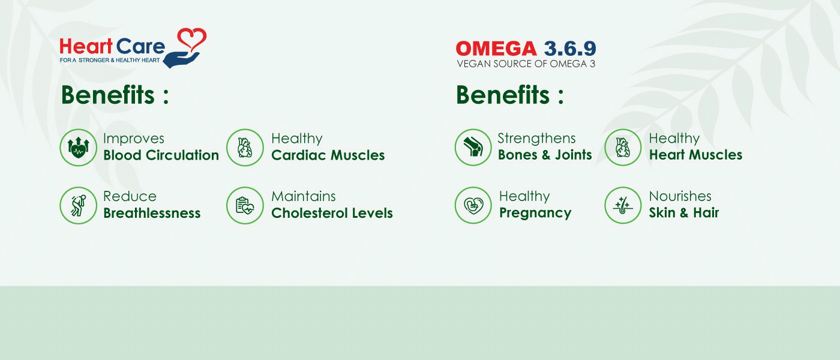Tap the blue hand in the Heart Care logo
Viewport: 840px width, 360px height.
tap(181, 60)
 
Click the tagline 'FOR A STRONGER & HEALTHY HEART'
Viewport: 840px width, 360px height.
tap(110, 60)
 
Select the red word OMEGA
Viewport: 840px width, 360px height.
tap(496, 49)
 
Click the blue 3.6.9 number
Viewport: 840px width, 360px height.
tap(569, 49)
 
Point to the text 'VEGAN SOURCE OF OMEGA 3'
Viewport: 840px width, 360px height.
tap(526, 64)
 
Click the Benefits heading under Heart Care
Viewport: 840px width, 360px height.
tap(115, 95)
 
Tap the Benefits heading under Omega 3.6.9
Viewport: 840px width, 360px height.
tap(509, 95)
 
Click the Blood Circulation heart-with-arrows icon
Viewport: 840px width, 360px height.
tap(79, 148)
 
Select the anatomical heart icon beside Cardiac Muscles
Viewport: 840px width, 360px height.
tap(245, 148)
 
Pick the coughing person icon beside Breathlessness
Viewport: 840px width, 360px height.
tap(79, 205)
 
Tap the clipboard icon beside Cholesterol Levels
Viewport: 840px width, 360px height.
tap(245, 205)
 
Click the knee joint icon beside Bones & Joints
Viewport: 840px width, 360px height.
tap(473, 148)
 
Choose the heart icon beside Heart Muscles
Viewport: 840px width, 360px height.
tap(623, 148)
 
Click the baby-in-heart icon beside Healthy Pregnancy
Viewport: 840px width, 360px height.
tap(473, 205)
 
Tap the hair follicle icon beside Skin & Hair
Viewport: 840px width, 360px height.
tap(623, 205)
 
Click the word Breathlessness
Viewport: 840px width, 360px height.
tap(152, 213)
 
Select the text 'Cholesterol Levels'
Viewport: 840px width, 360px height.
tap(332, 213)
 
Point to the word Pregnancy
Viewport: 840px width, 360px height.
tap(535, 214)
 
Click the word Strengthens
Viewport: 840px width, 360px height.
tap(536, 139)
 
